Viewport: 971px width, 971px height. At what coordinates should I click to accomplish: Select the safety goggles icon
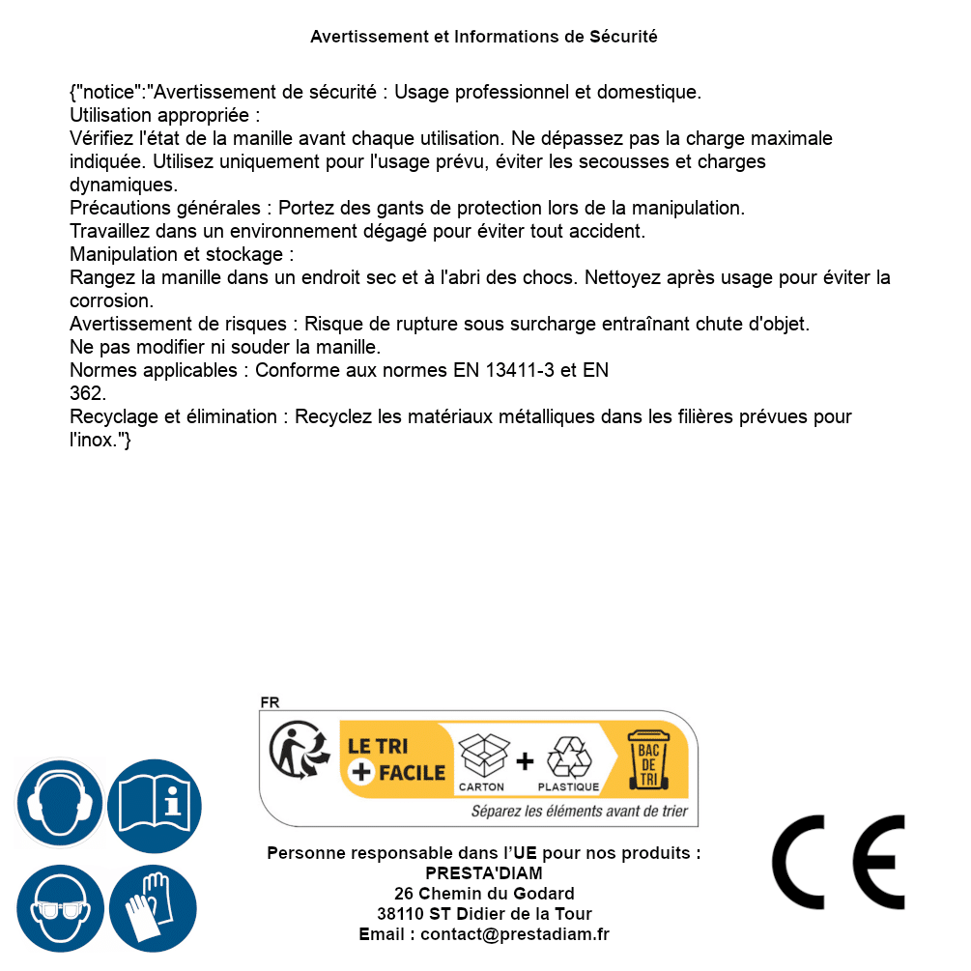60,908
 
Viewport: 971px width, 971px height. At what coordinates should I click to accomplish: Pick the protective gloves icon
153,908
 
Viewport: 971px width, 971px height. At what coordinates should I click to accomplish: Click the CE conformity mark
839,863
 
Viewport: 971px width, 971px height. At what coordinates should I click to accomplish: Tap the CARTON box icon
482,756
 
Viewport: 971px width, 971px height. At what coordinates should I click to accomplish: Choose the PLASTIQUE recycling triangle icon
568,757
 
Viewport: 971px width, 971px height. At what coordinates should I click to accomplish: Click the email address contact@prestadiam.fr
515,934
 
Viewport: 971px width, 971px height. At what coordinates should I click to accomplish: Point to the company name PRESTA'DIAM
484,873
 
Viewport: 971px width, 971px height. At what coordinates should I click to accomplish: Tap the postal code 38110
399,914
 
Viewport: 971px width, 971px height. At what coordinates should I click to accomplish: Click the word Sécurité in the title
623,37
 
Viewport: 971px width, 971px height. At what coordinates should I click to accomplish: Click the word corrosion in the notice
109,300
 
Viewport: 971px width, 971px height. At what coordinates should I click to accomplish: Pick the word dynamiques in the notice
123,184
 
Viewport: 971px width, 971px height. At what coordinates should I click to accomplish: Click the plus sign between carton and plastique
525,761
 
